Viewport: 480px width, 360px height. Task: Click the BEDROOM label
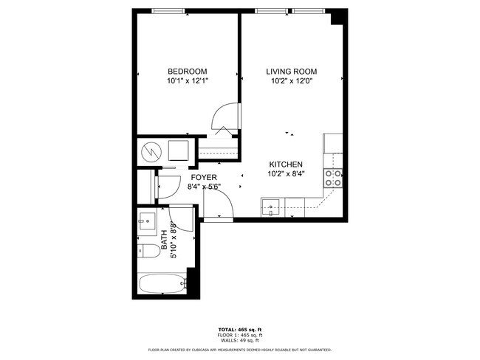tap(188, 72)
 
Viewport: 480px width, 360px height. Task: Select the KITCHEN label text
tap(285, 165)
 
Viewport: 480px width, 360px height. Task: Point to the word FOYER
tap(204, 178)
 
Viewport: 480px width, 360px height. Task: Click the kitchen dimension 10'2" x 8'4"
tap(285, 174)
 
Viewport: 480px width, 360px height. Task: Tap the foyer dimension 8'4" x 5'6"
tap(204, 187)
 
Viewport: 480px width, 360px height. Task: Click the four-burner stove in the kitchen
tap(333, 177)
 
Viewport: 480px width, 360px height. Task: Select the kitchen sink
tap(272, 205)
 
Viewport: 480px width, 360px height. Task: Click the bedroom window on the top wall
tap(168, 11)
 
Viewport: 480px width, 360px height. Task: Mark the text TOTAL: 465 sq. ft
tap(239, 329)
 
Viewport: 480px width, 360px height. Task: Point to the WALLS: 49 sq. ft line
tap(239, 341)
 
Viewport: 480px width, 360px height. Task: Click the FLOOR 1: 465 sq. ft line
tap(239, 335)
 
